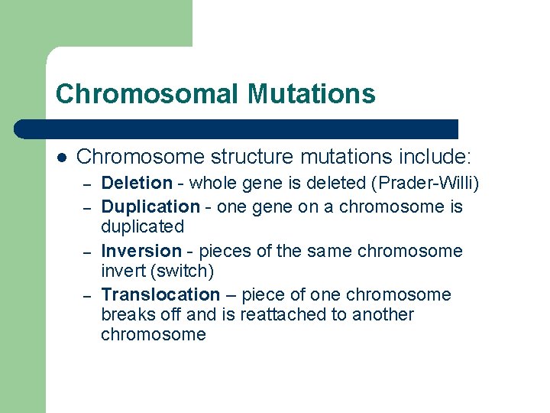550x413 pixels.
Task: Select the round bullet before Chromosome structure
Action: point(62,158)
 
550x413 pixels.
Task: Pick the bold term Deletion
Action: point(137,183)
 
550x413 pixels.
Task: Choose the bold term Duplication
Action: point(150,206)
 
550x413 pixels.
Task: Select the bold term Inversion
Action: point(141,251)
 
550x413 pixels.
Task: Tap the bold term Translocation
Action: point(160,294)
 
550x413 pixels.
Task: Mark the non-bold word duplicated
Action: point(143,226)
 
